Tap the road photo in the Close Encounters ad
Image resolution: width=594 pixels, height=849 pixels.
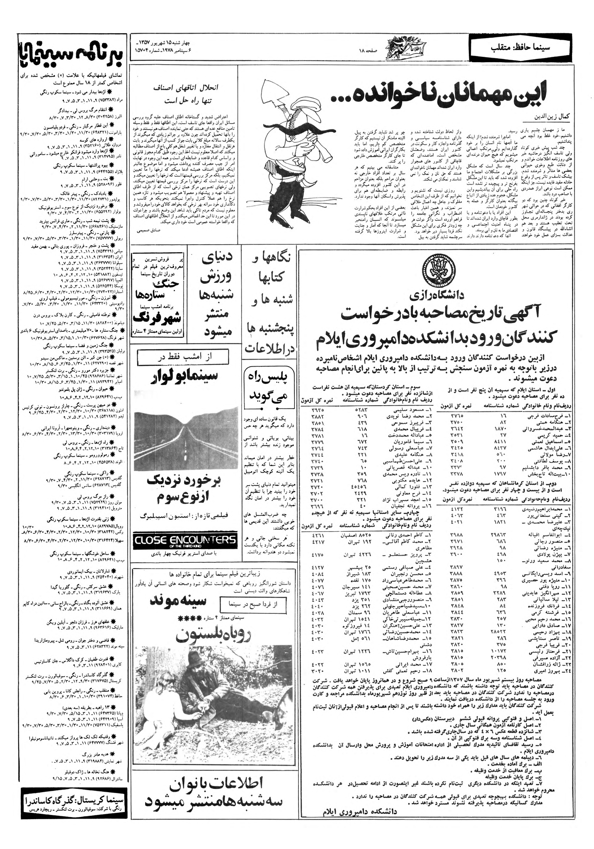click(184, 439)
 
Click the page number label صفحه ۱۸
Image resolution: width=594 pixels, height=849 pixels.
click(368, 50)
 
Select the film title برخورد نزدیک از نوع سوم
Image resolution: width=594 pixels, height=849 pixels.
click(185, 489)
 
